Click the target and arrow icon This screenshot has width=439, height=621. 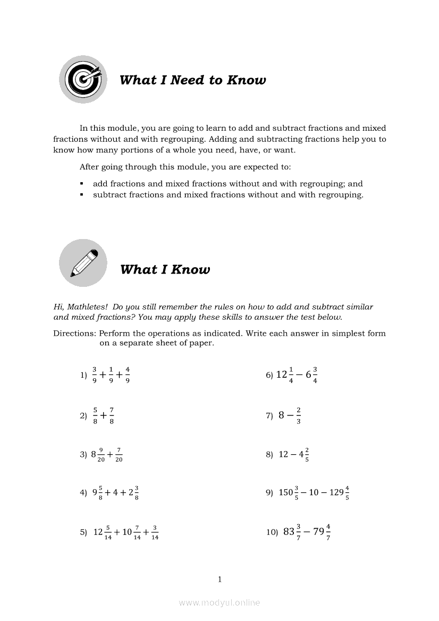(83, 80)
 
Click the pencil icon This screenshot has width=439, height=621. (83, 262)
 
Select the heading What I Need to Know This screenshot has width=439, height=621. (192, 80)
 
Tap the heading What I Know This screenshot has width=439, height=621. (165, 269)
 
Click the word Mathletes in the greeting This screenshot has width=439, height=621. (88, 307)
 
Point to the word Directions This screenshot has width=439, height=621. (74, 334)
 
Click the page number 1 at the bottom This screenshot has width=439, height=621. (219, 579)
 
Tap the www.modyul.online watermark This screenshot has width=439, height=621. (219, 602)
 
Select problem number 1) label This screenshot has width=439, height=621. (83, 375)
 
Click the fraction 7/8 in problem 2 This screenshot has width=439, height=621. (112, 415)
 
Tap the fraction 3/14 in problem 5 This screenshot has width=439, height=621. (155, 532)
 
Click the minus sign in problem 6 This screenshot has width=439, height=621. (298, 375)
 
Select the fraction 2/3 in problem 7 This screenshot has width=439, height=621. (299, 415)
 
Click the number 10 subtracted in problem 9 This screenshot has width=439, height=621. (314, 492)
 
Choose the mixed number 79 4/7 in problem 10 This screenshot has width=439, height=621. (322, 531)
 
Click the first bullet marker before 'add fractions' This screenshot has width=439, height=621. (82, 184)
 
